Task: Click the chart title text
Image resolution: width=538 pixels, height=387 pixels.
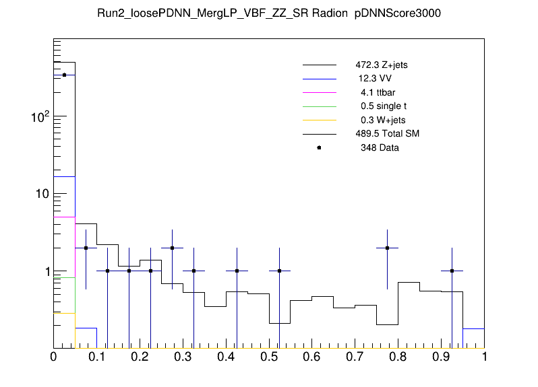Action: pos(269,14)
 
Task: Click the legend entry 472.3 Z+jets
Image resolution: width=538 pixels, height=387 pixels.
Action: pos(382,66)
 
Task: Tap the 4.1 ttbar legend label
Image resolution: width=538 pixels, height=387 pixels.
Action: pos(376,92)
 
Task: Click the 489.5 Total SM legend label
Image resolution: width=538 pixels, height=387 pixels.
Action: pos(388,134)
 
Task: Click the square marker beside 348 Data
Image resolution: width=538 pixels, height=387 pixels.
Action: pos(319,147)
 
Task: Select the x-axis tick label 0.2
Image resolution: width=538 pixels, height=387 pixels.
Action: pos(140,357)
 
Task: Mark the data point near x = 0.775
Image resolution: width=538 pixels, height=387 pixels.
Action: pos(388,248)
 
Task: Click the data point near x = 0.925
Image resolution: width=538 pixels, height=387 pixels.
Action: pos(452,271)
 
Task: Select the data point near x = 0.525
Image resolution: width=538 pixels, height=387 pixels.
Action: pos(279,271)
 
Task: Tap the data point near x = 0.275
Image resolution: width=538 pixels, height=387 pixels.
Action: pos(172,248)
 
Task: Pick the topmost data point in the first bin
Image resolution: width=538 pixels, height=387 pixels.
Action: pos(64,75)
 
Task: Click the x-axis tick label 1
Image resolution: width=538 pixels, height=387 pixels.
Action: pos(484,357)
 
